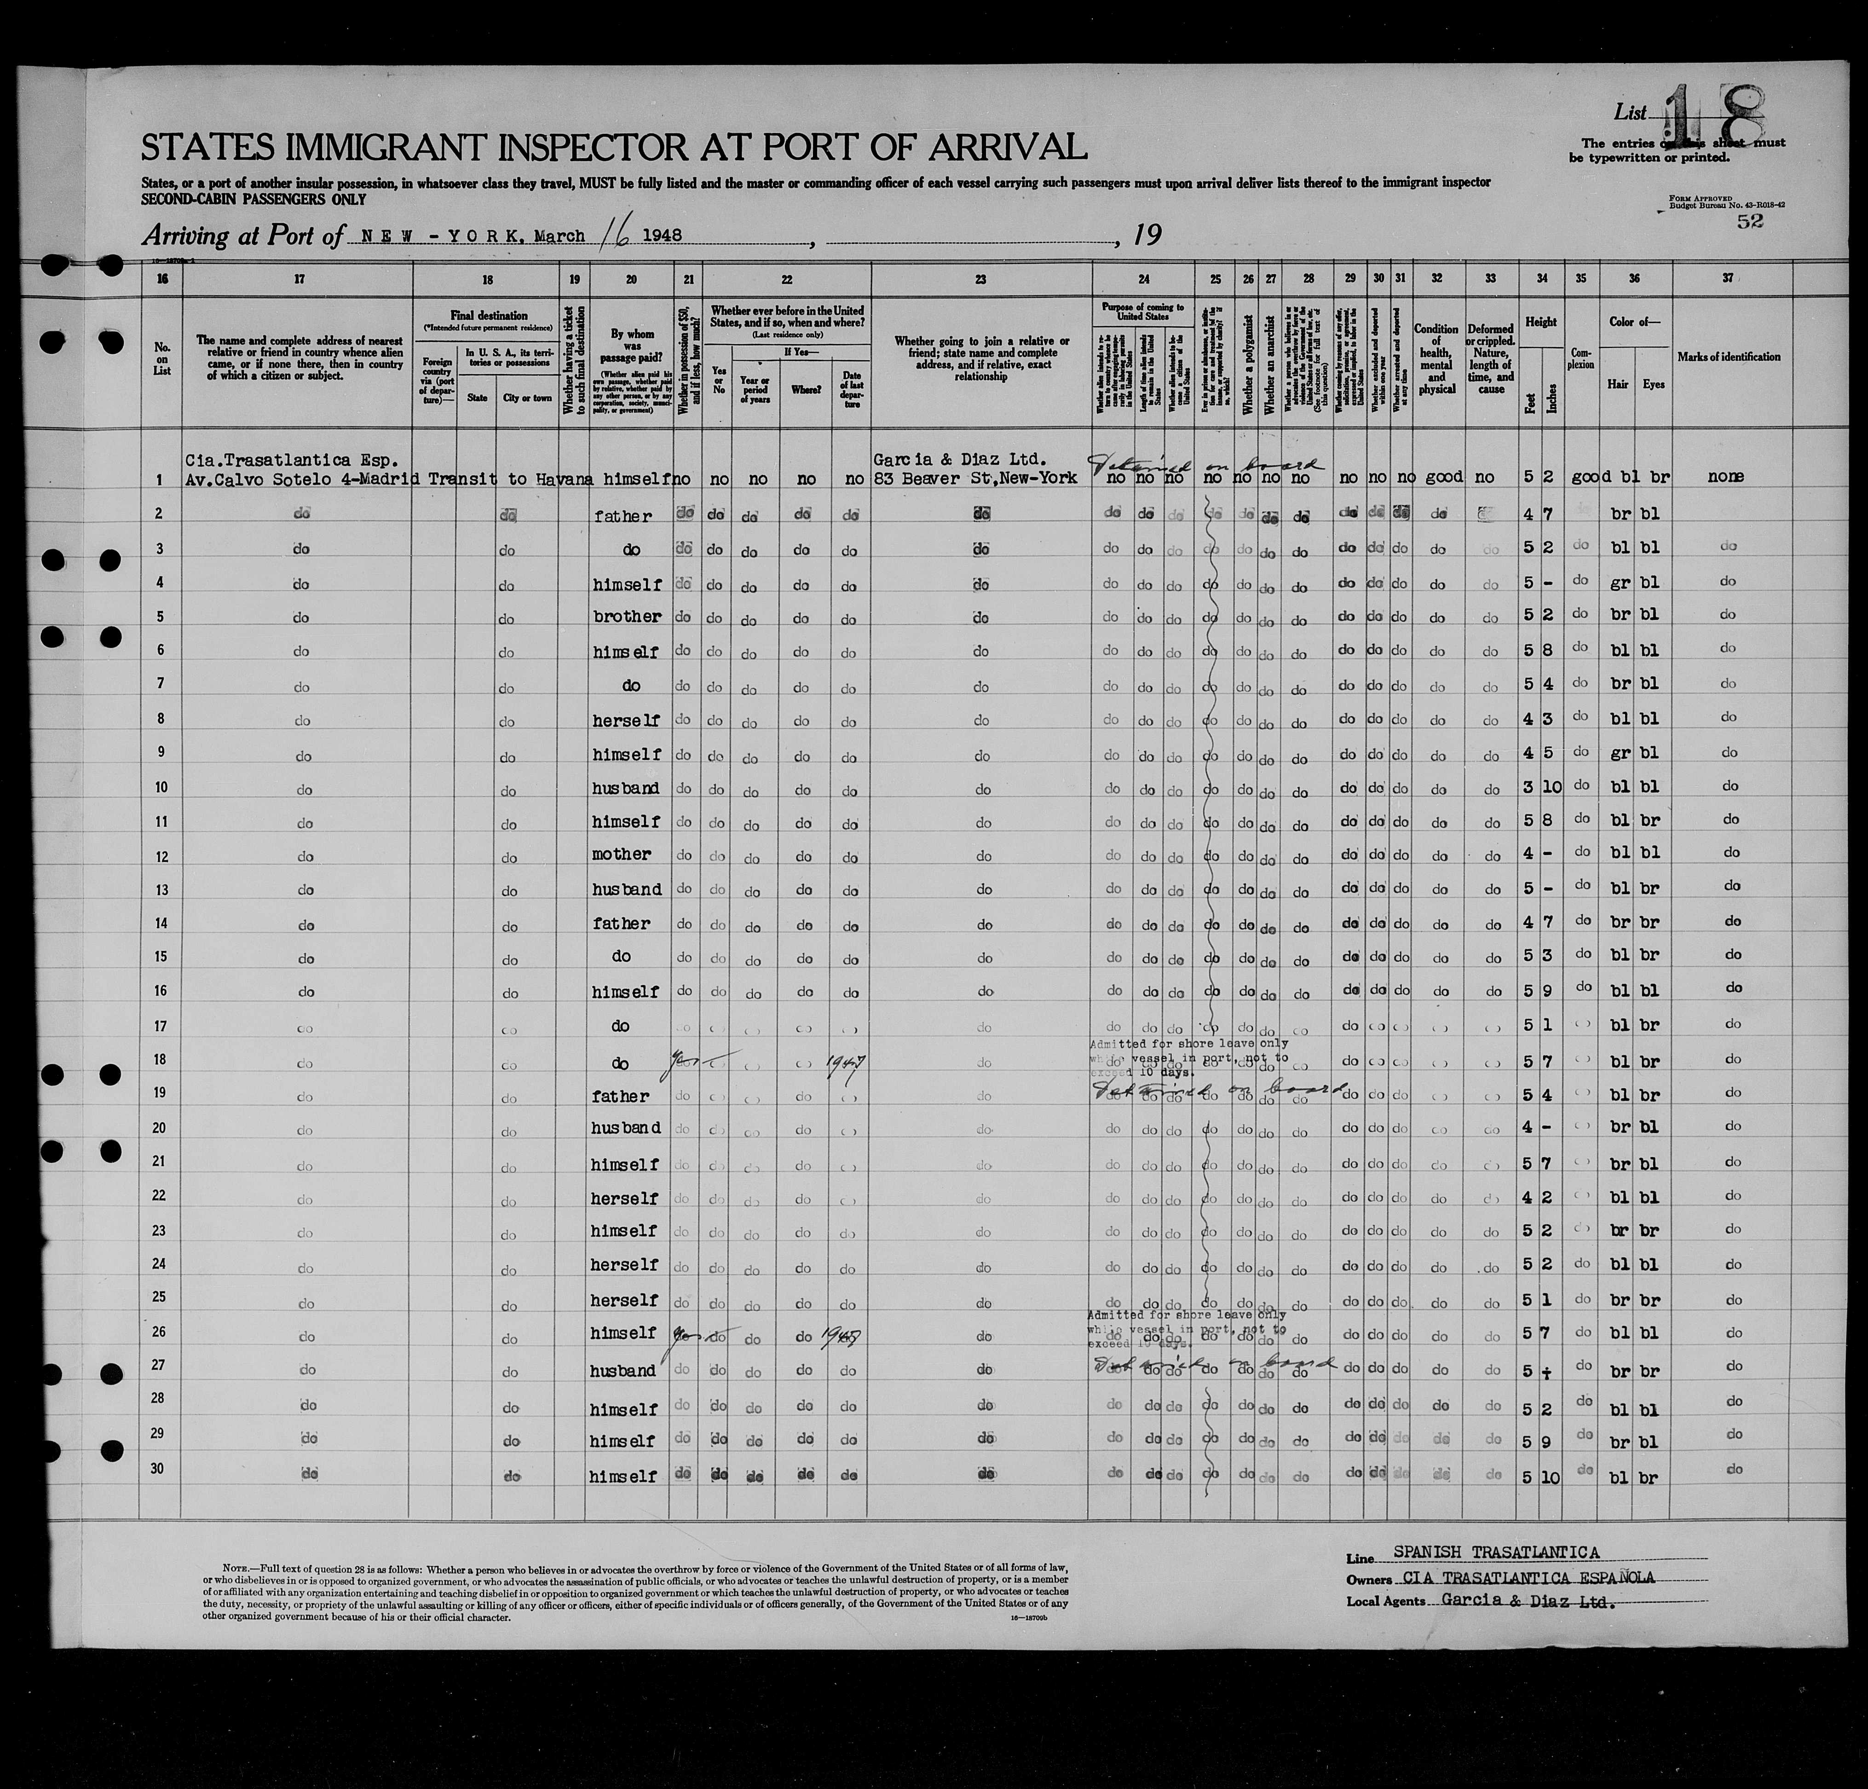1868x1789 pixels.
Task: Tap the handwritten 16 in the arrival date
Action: click(607, 233)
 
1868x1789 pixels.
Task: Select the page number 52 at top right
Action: click(1750, 221)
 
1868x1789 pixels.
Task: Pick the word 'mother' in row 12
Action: click(622, 854)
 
